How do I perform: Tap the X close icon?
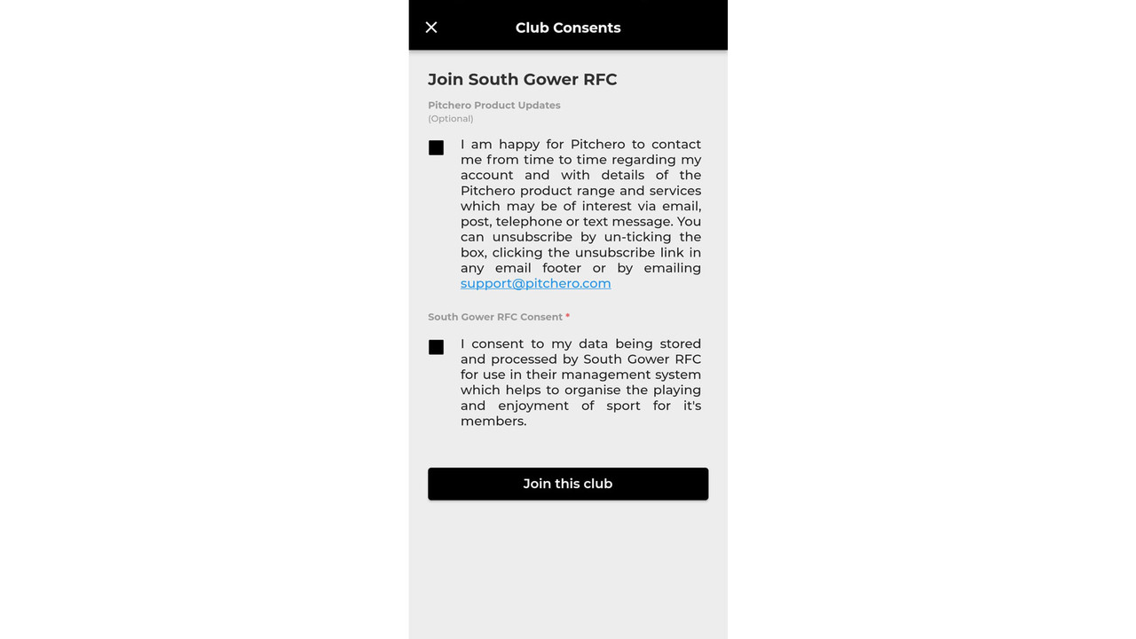(x=431, y=28)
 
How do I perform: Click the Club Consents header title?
(x=568, y=28)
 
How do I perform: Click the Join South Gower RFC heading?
(x=522, y=80)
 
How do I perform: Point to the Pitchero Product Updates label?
(x=493, y=106)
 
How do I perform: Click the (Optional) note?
(x=450, y=119)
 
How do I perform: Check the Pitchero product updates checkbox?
(x=436, y=148)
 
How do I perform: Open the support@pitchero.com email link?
(x=535, y=284)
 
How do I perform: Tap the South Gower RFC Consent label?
(x=494, y=317)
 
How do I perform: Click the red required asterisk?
(x=568, y=316)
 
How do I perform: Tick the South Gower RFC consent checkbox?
(x=436, y=347)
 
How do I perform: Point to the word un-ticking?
(x=637, y=237)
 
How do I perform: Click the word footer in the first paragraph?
(x=562, y=268)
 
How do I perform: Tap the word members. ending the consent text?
(x=493, y=422)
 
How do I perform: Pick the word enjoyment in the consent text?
(x=533, y=406)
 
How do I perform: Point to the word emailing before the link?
(x=672, y=268)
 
